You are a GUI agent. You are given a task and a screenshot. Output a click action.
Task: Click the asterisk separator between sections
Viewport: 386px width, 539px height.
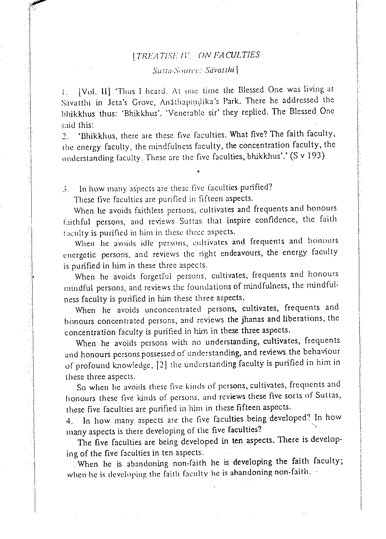198,171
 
